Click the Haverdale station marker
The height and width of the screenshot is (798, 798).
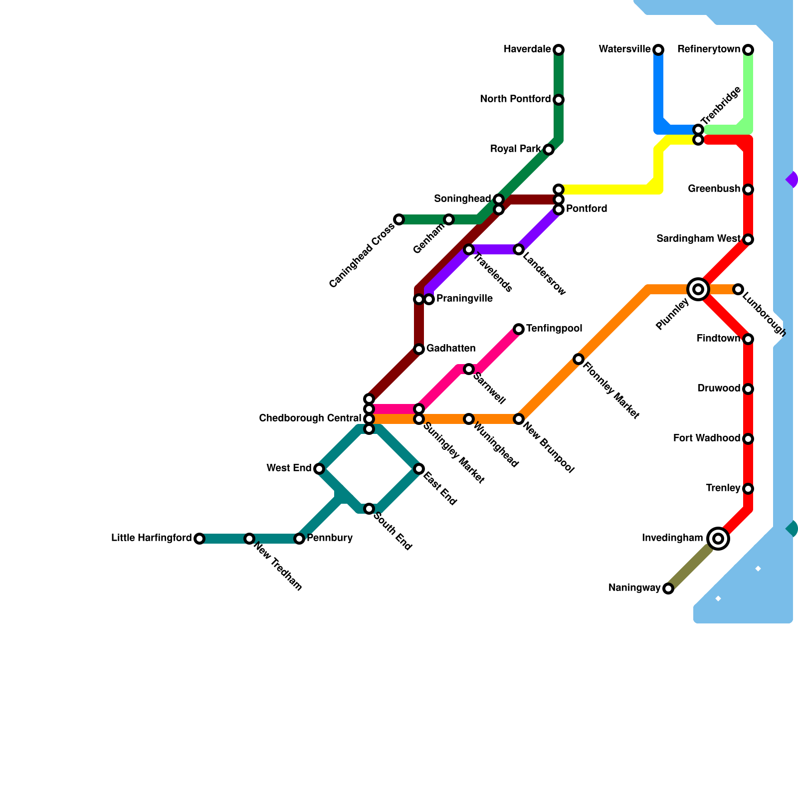[559, 50]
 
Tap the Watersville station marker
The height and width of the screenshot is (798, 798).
[658, 50]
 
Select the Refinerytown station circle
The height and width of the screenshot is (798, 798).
[748, 50]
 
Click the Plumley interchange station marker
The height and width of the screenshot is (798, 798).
[698, 289]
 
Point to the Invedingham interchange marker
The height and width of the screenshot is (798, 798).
[718, 539]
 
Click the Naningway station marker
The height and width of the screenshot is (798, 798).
[668, 589]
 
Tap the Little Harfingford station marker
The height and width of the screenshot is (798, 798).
[199, 539]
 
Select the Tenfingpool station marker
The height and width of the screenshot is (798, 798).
[519, 329]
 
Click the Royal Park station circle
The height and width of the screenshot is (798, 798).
[549, 150]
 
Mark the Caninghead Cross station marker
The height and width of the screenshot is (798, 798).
[399, 219]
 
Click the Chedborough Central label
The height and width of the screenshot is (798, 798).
[310, 418]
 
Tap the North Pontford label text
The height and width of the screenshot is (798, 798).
[515, 99]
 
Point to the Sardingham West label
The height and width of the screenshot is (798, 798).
[698, 239]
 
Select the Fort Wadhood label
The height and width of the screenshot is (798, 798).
[706, 438]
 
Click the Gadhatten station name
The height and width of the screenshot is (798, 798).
[450, 348]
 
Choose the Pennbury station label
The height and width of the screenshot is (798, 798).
[330, 538]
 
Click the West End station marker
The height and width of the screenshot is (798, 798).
[319, 469]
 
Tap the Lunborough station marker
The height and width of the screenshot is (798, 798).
[738, 289]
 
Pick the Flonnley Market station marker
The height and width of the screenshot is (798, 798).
[579, 359]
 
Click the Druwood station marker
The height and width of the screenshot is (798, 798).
[748, 389]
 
